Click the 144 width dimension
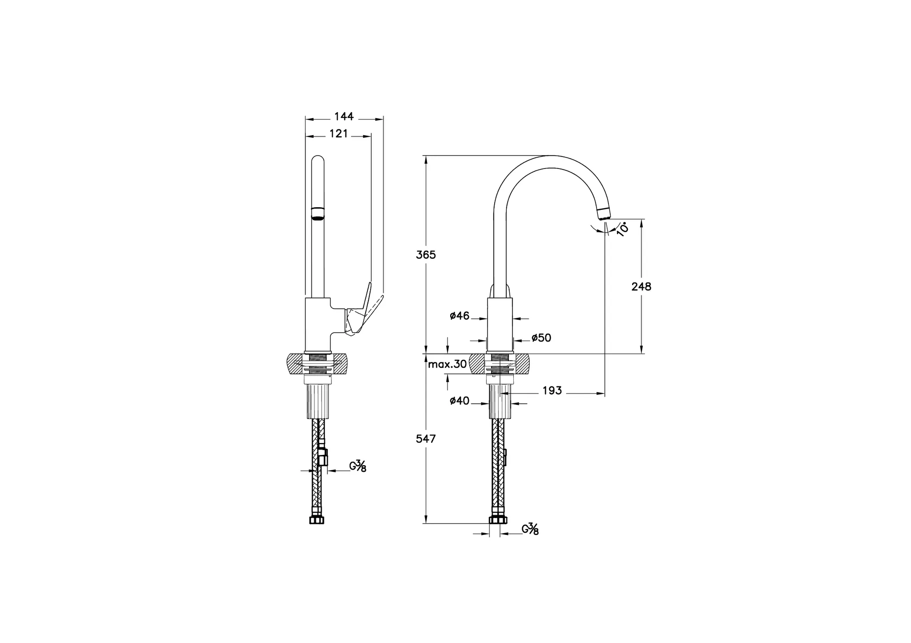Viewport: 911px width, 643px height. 343,117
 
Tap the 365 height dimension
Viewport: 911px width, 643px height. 426,255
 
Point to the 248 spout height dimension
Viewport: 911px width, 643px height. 641,287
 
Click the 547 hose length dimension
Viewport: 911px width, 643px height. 426,439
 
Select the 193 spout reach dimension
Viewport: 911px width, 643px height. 552,391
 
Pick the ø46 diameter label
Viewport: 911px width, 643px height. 460,316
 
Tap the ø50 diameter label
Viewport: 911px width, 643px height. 541,338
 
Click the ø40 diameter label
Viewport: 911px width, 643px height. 460,401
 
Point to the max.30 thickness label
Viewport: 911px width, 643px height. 447,365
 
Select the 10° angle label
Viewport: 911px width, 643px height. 623,229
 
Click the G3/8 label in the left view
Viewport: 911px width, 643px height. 357,466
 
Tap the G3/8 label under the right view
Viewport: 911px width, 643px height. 530,529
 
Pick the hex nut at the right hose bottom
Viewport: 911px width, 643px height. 498,520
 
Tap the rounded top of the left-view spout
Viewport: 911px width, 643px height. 318,159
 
